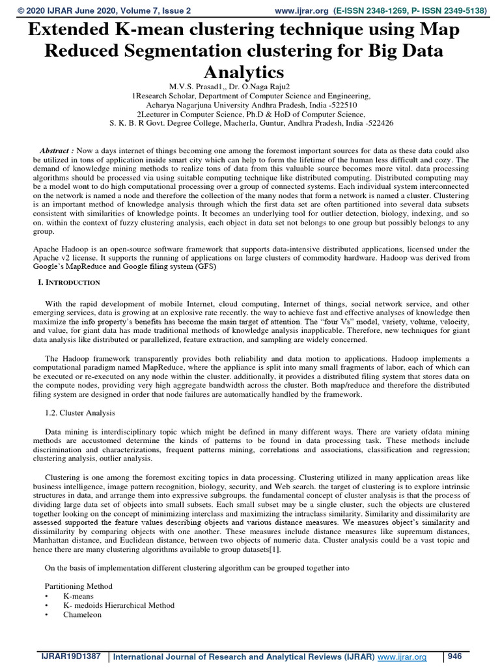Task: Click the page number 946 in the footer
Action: (454, 656)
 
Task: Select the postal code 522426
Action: (375, 122)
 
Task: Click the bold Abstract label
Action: (55, 149)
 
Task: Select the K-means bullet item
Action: (78, 596)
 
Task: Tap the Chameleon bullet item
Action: (83, 614)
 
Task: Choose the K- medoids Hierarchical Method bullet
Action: (118, 605)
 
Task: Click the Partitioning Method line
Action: (79, 586)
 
